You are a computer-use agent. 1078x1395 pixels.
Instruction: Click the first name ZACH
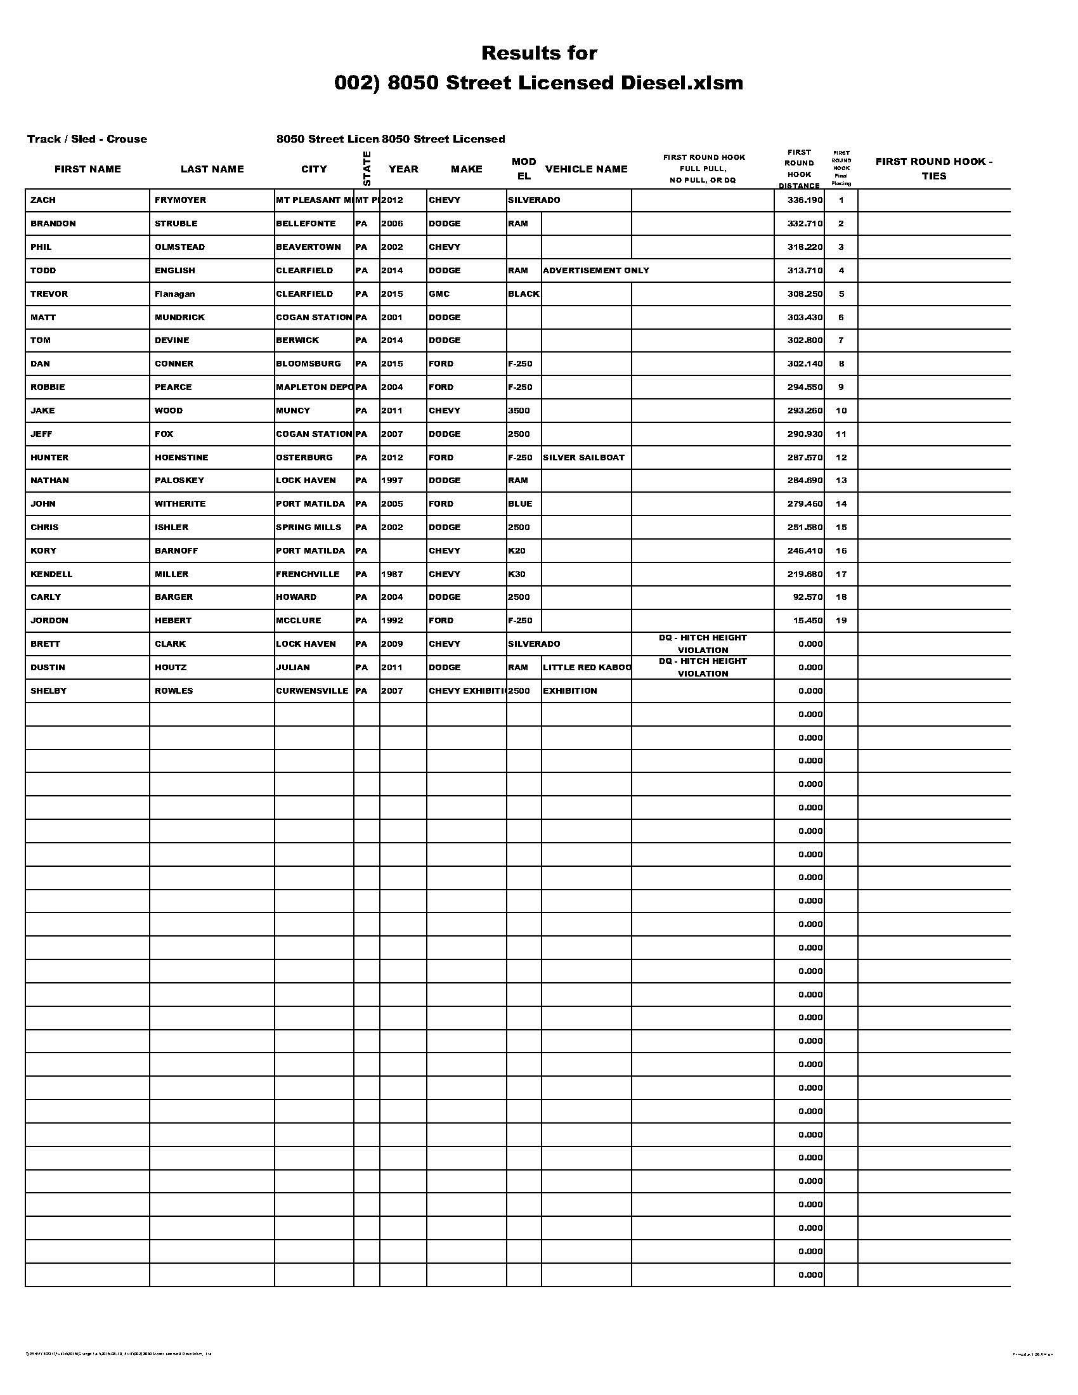pos(42,200)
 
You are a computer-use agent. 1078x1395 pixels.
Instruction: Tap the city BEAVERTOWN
pos(308,247)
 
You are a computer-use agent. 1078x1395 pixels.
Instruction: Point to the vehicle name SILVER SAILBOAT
pos(583,457)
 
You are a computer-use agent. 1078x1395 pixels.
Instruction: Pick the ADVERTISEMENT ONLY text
pos(596,270)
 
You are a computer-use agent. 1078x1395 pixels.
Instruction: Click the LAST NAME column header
pos(212,169)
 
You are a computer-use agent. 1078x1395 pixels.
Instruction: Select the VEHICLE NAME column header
pos(587,169)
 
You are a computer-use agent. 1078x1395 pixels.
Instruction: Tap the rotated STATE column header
pos(367,168)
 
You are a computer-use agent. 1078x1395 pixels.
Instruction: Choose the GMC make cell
pos(439,294)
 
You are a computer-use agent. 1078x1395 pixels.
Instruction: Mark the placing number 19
pos(841,620)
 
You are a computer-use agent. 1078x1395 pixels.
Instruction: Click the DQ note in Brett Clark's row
pos(703,644)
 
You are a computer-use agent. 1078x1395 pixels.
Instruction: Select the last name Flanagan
pos(174,294)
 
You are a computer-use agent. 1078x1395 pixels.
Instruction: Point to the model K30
pos(517,574)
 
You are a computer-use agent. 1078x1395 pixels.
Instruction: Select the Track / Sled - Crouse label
pos(87,139)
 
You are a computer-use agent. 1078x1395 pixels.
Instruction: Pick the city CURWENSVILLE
pos(312,691)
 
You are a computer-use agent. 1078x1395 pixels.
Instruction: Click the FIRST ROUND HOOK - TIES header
pos(933,169)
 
